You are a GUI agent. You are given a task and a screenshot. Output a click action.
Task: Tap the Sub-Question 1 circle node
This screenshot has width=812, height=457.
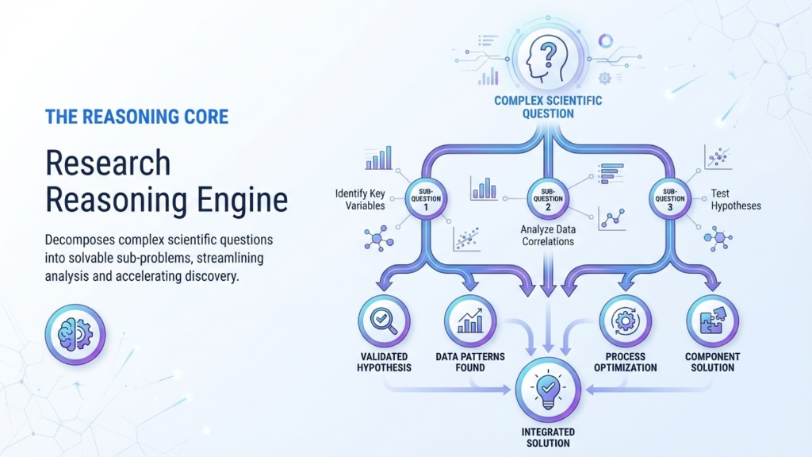[x=427, y=198]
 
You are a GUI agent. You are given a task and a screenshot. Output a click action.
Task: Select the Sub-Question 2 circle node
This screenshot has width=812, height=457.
[x=547, y=198]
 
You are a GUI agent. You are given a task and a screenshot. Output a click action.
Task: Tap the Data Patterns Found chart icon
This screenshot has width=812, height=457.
[x=471, y=321]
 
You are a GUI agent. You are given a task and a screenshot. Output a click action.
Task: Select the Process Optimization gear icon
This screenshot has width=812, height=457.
[x=626, y=321]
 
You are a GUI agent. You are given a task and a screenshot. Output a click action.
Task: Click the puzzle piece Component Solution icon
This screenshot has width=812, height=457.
[x=710, y=321]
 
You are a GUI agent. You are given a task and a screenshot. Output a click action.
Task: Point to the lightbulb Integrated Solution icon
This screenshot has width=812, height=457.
[x=547, y=390]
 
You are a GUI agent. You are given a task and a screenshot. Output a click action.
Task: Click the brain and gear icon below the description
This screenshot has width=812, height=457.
[x=74, y=332]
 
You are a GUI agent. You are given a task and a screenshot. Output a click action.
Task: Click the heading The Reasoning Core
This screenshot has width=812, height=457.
[x=137, y=117]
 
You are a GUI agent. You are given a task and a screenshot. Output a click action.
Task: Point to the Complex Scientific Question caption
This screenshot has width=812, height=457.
[x=547, y=107]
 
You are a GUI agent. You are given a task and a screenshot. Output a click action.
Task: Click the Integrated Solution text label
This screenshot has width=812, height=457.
[x=547, y=436]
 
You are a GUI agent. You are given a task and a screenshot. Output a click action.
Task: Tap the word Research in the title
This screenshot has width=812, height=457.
[x=108, y=163]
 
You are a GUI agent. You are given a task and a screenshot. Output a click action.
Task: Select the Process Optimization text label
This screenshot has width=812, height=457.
[x=626, y=362]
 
